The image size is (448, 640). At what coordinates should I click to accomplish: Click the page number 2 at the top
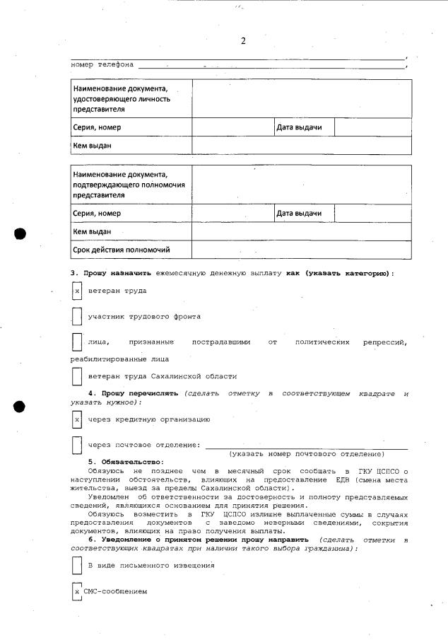click(x=242, y=41)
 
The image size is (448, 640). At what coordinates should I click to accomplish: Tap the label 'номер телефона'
click(x=102, y=65)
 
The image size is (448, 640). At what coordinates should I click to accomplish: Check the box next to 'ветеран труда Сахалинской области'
click(x=78, y=376)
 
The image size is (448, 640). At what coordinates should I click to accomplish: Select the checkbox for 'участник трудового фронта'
click(x=78, y=316)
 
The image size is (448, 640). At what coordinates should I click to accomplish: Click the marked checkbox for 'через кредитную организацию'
click(x=78, y=419)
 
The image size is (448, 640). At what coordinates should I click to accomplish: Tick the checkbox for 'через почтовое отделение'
click(x=78, y=445)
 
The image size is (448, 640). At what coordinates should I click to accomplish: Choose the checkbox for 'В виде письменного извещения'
click(x=78, y=566)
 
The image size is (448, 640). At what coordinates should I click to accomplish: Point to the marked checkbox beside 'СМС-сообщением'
click(x=77, y=591)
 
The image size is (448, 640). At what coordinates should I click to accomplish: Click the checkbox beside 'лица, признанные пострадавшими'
click(x=78, y=342)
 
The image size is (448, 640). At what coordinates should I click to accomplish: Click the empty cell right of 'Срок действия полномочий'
click(x=301, y=250)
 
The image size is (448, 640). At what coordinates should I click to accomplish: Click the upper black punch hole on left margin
click(x=20, y=234)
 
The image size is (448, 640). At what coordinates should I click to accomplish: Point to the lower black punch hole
click(x=20, y=406)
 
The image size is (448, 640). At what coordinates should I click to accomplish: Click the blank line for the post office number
click(x=306, y=446)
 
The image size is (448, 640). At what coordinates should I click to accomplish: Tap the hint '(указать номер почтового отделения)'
click(x=307, y=453)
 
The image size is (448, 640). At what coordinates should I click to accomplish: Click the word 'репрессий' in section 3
click(x=384, y=342)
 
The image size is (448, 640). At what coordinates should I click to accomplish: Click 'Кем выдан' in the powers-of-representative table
click(x=93, y=231)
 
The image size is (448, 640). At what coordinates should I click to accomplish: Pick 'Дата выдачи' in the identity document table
click(x=299, y=127)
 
